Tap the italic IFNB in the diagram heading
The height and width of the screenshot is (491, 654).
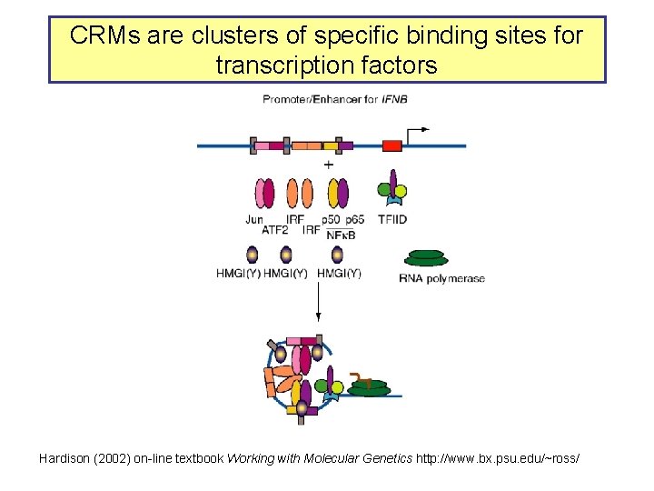pyautogui.click(x=393, y=99)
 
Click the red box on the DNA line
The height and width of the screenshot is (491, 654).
pyautogui.click(x=391, y=145)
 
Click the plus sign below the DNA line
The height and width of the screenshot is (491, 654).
pyautogui.click(x=328, y=165)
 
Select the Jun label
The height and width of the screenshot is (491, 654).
pyautogui.click(x=254, y=219)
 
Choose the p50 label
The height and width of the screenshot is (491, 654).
pyautogui.click(x=331, y=219)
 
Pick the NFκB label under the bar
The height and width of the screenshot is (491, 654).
pyautogui.click(x=340, y=235)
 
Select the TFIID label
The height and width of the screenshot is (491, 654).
pyautogui.click(x=393, y=219)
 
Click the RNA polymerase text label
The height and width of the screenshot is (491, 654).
pyautogui.click(x=442, y=278)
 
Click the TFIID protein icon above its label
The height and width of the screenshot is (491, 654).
pyautogui.click(x=392, y=189)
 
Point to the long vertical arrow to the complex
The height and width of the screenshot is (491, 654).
pyautogui.click(x=318, y=300)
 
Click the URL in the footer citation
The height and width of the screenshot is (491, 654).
pyautogui.click(x=497, y=459)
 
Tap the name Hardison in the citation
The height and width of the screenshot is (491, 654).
pyautogui.click(x=65, y=459)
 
